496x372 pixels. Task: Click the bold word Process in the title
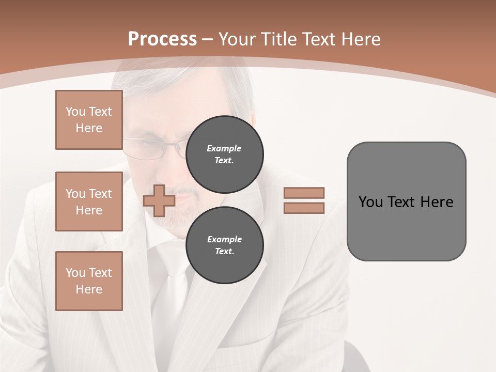coord(162,39)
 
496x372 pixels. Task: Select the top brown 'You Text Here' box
coord(89,120)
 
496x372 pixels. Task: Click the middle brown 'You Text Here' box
coord(89,202)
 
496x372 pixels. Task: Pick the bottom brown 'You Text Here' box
coord(89,281)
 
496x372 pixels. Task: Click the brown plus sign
coord(159,200)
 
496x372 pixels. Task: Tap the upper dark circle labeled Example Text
coord(224,154)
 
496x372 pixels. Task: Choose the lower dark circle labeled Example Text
coord(224,245)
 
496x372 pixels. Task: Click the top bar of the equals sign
coord(304,193)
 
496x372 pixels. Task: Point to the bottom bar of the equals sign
coord(304,208)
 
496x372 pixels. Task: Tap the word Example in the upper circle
coord(224,148)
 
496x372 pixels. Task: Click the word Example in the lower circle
coord(224,239)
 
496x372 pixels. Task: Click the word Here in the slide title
coord(360,39)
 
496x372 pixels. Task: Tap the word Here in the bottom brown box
coord(89,289)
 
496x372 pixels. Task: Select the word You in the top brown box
coord(75,112)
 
